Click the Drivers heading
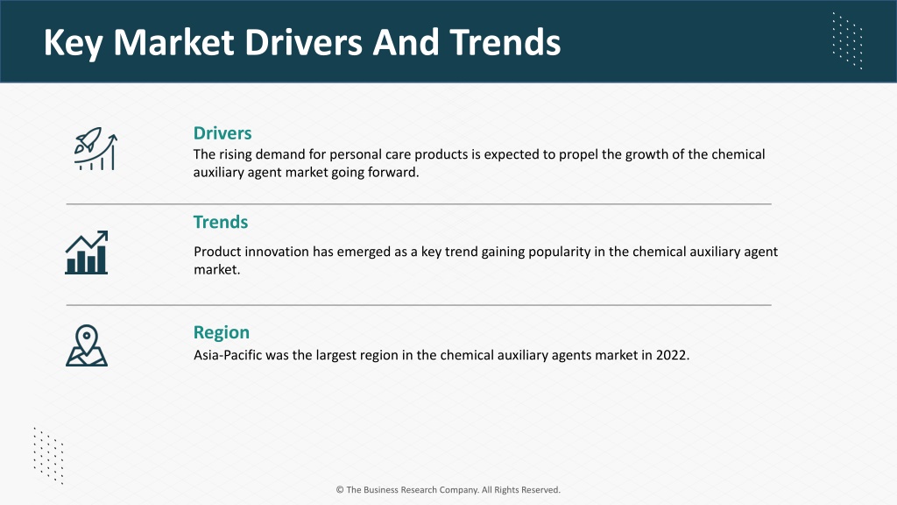point(222,133)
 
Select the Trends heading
point(221,222)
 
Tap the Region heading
point(222,332)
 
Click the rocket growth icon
point(95,148)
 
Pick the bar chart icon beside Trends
point(87,252)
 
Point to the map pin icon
point(87,345)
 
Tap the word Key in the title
point(74,44)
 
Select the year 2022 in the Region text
point(673,355)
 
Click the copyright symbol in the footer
point(340,489)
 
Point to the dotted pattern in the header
point(847,40)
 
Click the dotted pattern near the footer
point(49,456)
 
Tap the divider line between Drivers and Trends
point(419,203)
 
